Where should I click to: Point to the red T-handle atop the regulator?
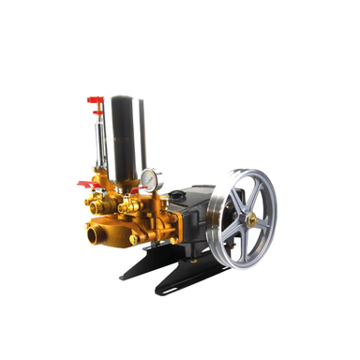pos(94,99)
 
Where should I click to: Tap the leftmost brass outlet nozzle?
pos(91,202)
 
